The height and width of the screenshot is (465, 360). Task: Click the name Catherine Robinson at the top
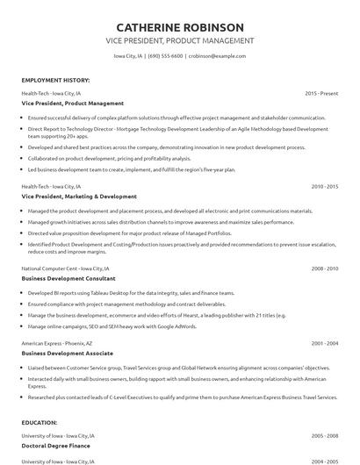pos(179,26)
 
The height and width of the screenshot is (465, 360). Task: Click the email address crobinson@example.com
pos(216,55)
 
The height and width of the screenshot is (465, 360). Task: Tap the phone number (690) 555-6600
pos(166,55)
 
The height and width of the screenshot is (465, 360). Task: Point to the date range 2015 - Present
pos(321,92)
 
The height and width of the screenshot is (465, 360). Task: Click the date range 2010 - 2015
pos(324,187)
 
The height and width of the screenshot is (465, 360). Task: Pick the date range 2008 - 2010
pos(324,268)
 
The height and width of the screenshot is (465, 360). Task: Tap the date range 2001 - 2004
pos(324,343)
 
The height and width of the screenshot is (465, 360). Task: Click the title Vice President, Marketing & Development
pos(79,197)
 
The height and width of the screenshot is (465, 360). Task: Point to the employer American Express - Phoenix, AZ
pos(58,343)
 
